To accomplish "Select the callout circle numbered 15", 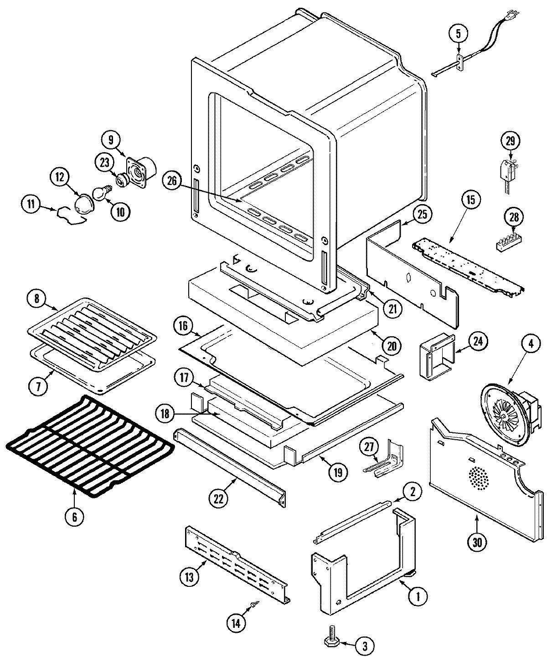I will tap(470, 199).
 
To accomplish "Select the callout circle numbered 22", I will tap(219, 498).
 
